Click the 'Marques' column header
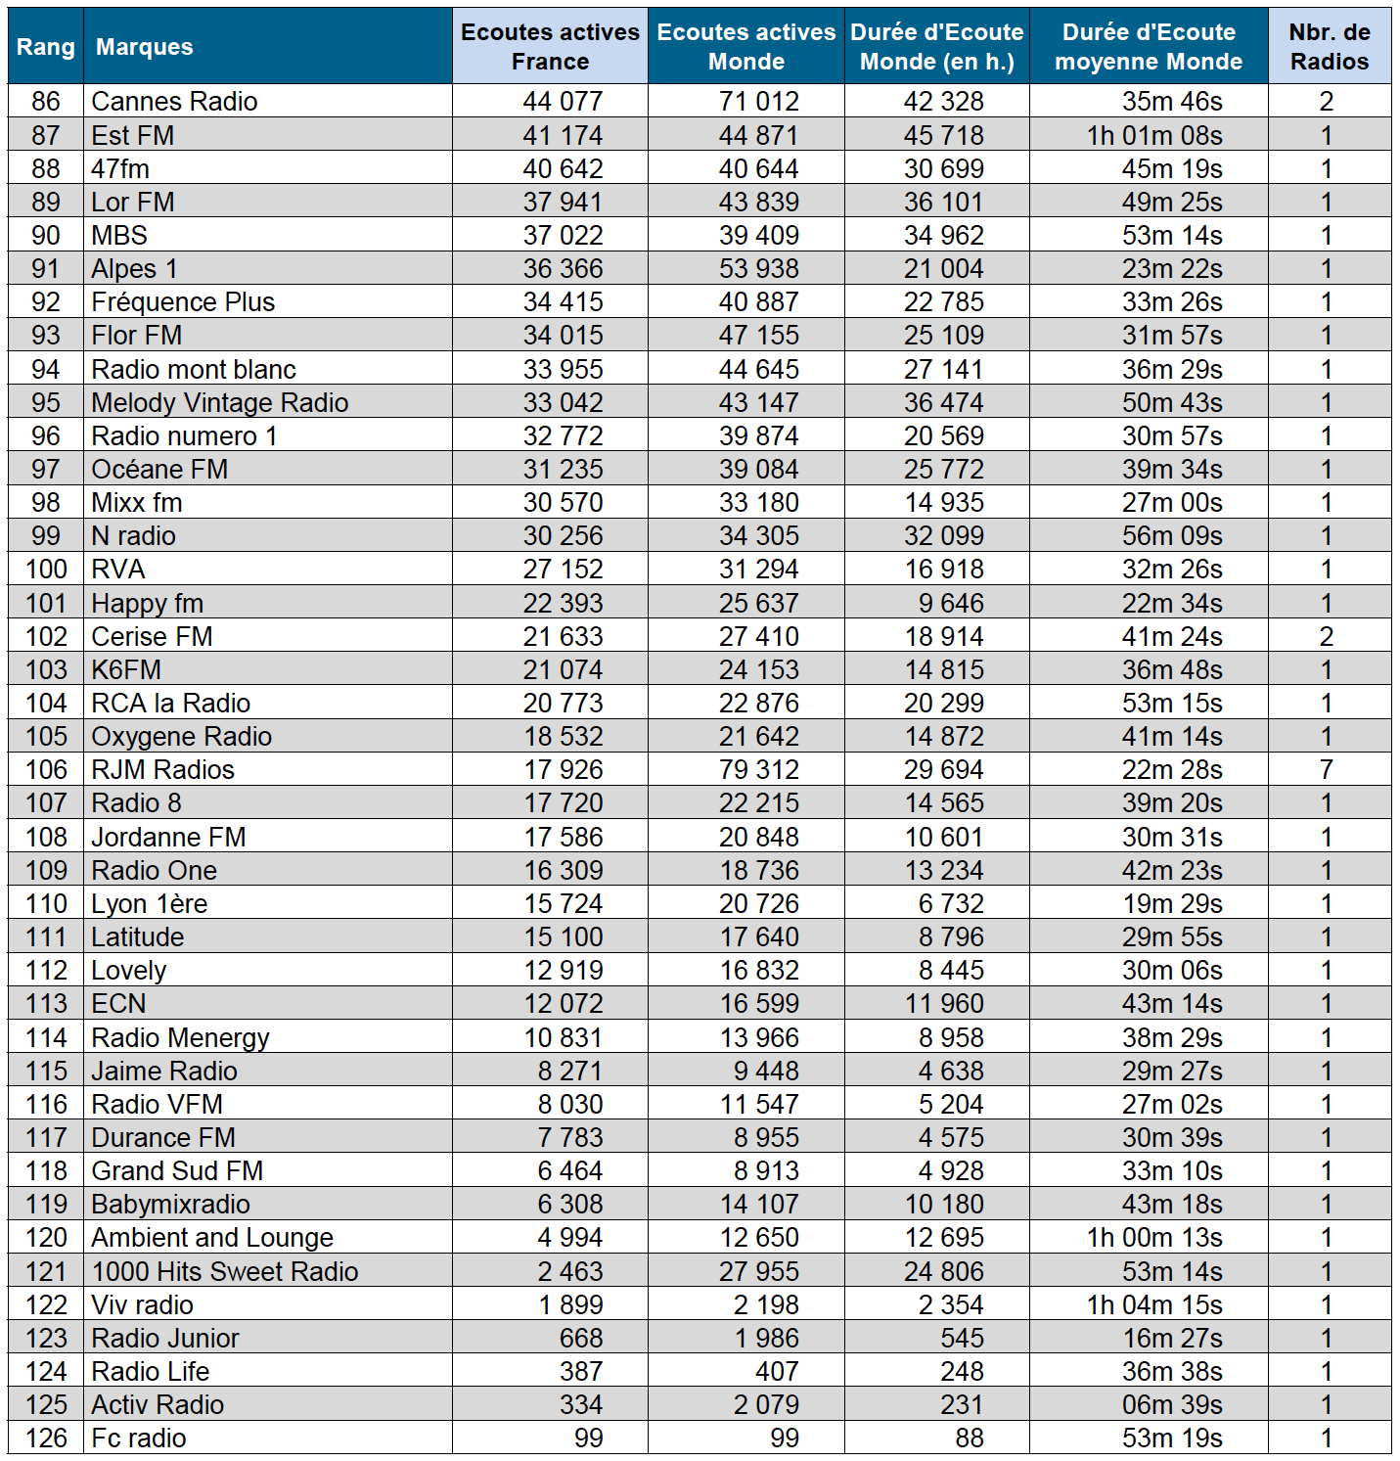pyautogui.click(x=144, y=47)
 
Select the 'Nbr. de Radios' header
pyautogui.click(x=1329, y=47)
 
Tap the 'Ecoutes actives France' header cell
pyautogui.click(x=550, y=47)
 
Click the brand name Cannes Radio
pyautogui.click(x=174, y=102)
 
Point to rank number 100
pyautogui.click(x=46, y=570)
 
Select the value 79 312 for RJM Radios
pyautogui.click(x=758, y=770)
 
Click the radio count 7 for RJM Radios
pyautogui.click(x=1327, y=770)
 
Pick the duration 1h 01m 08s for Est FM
pyautogui.click(x=1154, y=136)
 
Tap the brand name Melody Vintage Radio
pyautogui.click(x=219, y=403)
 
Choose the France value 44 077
pyautogui.click(x=563, y=102)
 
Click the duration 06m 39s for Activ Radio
pyautogui.click(x=1172, y=1405)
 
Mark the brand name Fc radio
pyautogui.click(x=138, y=1438)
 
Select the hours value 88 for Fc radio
pyautogui.click(x=970, y=1438)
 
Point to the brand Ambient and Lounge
pyautogui.click(x=212, y=1238)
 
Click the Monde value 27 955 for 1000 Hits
pyautogui.click(x=758, y=1272)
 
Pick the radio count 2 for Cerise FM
pyautogui.click(x=1327, y=637)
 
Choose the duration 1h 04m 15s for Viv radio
pyautogui.click(x=1154, y=1305)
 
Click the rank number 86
pyautogui.click(x=46, y=102)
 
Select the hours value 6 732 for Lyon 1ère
pyautogui.click(x=951, y=904)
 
